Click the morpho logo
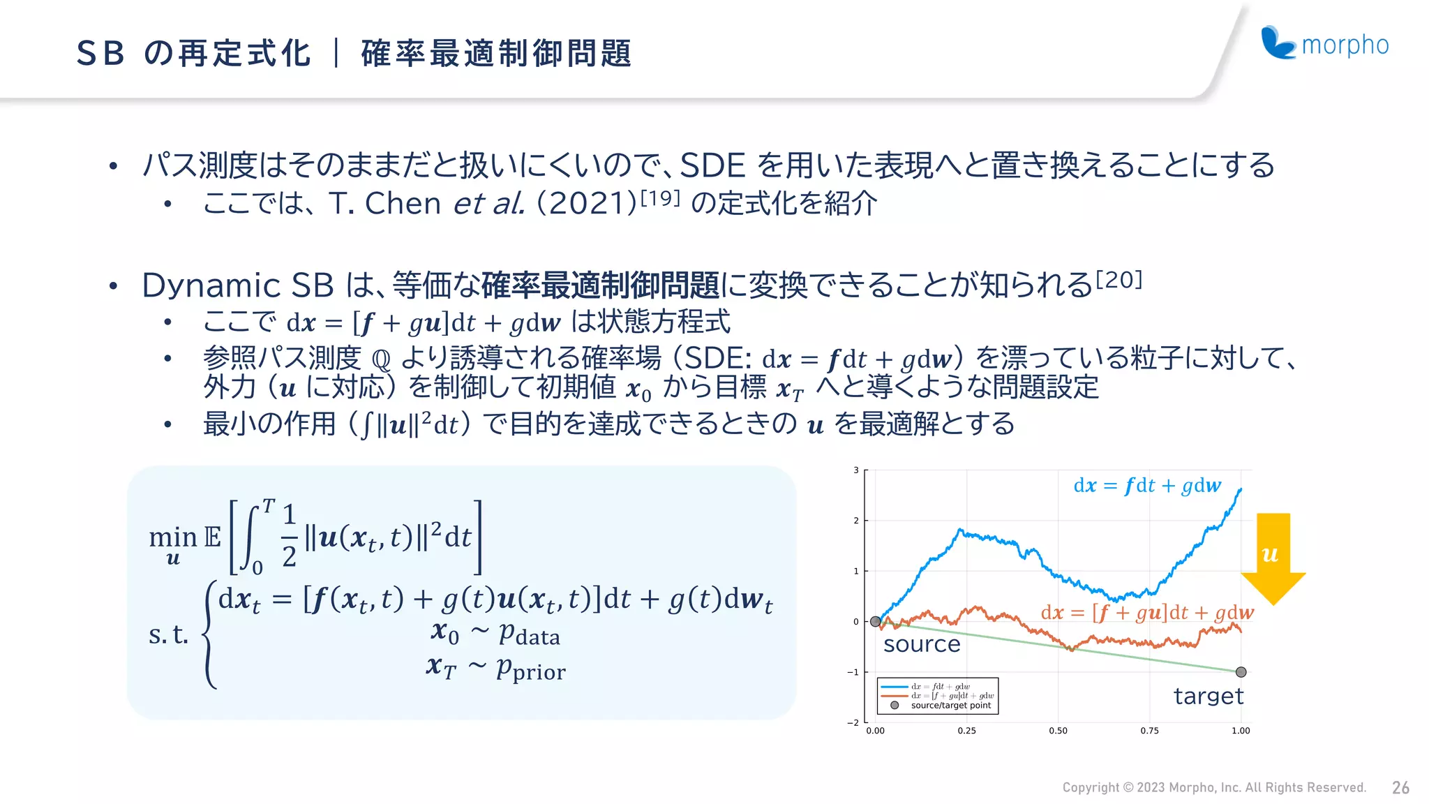[1324, 44]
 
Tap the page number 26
[1400, 788]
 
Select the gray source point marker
[875, 621]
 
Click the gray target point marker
[1241, 672]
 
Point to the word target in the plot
[1209, 696]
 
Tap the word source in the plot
[922, 644]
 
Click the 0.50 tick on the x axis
[1058, 731]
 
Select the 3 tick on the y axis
[856, 470]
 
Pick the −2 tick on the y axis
[853, 722]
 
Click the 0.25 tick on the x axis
[966, 731]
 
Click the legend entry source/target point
[950, 706]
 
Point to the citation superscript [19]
[659, 198]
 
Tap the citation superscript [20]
[1119, 280]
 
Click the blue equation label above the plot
[1147, 486]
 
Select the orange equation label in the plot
[1147, 613]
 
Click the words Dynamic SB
[238, 285]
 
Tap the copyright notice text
[1214, 788]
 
